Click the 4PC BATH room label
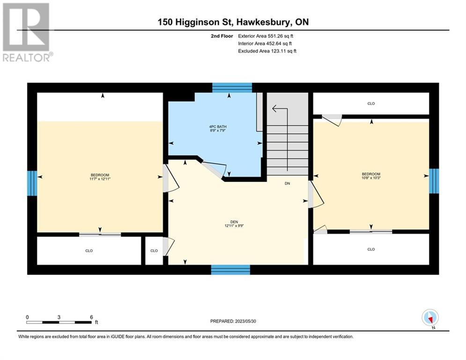(x=218, y=127)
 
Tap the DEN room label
(x=234, y=222)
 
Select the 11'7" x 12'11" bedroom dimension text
(x=100, y=179)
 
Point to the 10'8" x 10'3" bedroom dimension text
(x=371, y=178)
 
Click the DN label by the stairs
(x=288, y=184)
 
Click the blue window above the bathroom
(x=232, y=88)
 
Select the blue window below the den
(x=230, y=270)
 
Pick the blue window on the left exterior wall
(x=32, y=183)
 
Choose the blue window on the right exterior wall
(x=434, y=181)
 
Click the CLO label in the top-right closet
(x=371, y=104)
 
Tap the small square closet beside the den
(x=154, y=250)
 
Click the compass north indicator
(x=430, y=318)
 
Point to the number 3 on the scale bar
(x=59, y=317)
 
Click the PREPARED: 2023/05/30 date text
(x=233, y=321)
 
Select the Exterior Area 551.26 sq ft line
(x=266, y=36)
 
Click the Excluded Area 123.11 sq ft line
(x=267, y=51)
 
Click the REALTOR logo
(x=27, y=32)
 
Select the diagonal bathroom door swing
(x=214, y=170)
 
